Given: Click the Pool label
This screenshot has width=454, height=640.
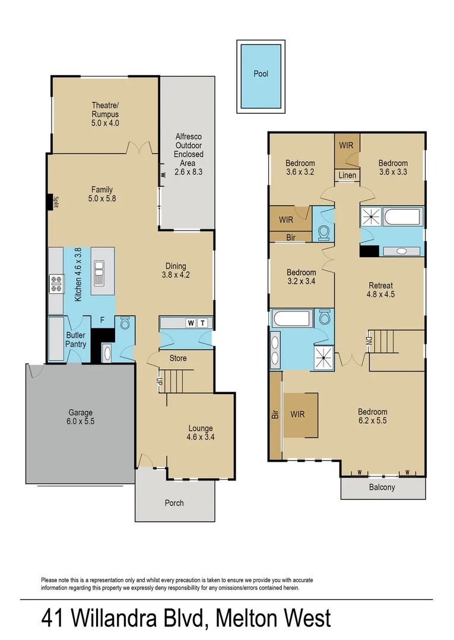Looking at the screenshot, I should (261, 74).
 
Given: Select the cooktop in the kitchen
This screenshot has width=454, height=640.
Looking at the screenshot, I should (57, 284).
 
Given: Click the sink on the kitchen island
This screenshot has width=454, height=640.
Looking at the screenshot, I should (99, 272).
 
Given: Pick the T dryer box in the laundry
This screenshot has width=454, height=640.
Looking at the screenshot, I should (203, 323).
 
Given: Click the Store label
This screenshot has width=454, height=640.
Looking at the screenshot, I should (178, 358).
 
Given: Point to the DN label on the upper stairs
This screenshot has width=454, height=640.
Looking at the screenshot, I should (369, 341).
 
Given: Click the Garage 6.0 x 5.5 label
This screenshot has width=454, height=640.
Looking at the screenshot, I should (80, 417).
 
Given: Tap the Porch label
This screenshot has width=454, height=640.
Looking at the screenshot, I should (174, 503).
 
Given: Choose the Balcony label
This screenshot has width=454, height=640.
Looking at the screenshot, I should (382, 488).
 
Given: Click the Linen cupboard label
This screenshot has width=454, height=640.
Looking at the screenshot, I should (347, 175).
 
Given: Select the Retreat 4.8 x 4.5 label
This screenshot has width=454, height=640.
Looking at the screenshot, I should (380, 289).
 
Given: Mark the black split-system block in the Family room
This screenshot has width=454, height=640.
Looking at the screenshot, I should (50, 202).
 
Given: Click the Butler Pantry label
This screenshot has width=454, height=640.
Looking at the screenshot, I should (76, 340).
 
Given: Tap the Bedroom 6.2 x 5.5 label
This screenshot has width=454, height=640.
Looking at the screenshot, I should (372, 417).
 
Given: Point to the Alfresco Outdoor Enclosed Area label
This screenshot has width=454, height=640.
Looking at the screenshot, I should (189, 154).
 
